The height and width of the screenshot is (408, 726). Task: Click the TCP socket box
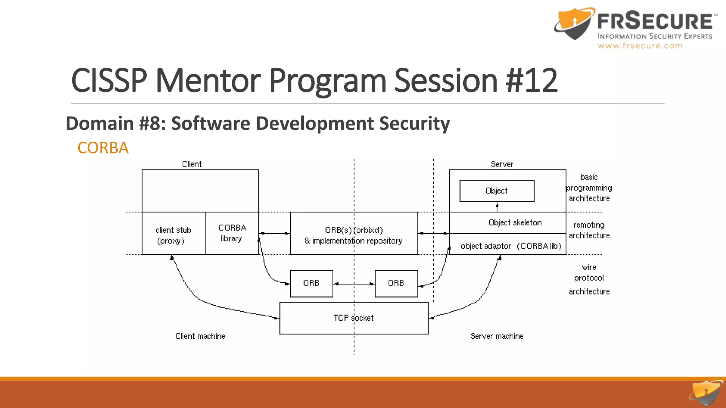coord(354,318)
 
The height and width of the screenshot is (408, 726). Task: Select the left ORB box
coord(311,283)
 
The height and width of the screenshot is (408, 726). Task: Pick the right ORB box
coord(396,283)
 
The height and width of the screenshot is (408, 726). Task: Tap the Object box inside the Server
coord(497,191)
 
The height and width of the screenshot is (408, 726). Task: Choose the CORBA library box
coord(232,233)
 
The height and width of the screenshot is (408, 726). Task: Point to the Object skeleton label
coord(515,223)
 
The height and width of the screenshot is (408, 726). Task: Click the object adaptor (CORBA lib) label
coord(511,246)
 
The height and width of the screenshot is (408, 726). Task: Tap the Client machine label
coord(200,336)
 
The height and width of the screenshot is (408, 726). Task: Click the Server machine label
coord(497,336)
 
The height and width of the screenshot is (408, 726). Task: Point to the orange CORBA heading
coord(103,148)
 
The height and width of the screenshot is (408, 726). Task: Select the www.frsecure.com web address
coord(640,46)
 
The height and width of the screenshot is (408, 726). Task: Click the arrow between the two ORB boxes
coord(354,284)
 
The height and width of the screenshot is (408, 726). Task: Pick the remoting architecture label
coord(589,230)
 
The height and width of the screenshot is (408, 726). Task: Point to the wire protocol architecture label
coord(589,279)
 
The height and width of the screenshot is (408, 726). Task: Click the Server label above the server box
coord(502,164)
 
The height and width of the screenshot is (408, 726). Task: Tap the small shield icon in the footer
coord(705,393)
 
